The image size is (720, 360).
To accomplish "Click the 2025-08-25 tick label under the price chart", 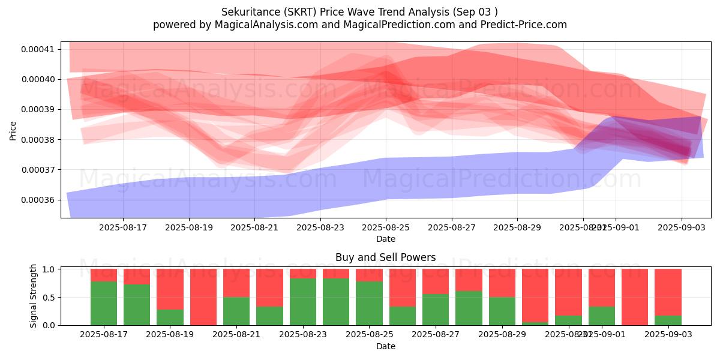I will (386, 227).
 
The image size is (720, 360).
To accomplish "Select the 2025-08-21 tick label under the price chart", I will (254, 227).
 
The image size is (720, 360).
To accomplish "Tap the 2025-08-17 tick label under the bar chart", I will (104, 334).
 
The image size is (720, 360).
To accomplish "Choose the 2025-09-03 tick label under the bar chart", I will (668, 334).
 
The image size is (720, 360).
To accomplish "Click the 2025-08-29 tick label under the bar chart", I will (502, 334).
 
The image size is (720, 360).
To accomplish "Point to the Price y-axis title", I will (13, 130).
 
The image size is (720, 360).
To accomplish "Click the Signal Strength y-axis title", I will (34, 296).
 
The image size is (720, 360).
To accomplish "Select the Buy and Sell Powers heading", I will (386, 258).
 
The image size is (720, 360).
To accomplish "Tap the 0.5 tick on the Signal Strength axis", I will (49, 297).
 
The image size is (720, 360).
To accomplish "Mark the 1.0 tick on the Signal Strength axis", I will (49, 269).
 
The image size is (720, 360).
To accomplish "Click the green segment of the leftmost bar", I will (104, 303).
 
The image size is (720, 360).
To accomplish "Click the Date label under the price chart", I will (386, 239).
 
